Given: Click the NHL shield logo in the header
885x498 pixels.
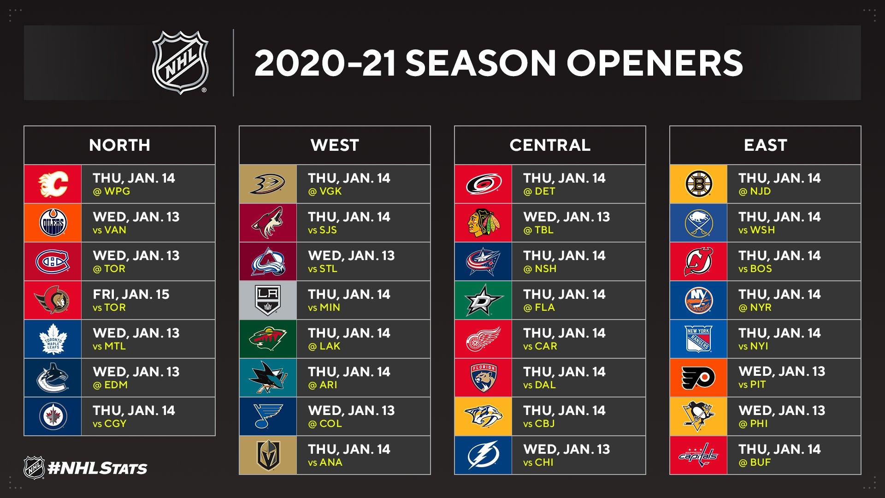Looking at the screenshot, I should (x=180, y=63).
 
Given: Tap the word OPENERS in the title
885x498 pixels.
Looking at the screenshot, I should (x=654, y=63).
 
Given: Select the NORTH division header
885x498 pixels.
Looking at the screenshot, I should (x=119, y=145).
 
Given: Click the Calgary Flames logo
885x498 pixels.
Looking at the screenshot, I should (x=53, y=184).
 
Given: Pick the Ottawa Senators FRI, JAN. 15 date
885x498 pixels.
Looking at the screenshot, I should (x=131, y=294).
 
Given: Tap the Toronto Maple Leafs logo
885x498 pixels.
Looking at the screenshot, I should (x=53, y=339).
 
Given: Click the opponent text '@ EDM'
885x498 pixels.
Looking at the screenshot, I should (x=110, y=385).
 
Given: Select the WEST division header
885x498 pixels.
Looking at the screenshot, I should (x=335, y=145).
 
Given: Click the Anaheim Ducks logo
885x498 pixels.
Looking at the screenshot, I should (x=268, y=184).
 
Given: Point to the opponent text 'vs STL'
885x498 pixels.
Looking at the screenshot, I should (x=322, y=269).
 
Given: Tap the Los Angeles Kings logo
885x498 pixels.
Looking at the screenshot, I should (x=268, y=300).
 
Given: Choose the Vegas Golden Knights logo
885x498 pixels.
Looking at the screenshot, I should (x=268, y=455).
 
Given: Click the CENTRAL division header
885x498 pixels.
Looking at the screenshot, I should (x=550, y=145).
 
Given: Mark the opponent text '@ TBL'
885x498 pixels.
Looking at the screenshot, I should (x=538, y=230).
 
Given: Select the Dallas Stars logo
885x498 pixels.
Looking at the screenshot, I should (x=483, y=300).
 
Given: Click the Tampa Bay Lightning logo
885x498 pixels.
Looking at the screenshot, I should (x=483, y=455).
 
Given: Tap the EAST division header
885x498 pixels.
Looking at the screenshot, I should (x=765, y=145).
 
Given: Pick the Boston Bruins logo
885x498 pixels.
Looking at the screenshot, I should (x=698, y=184).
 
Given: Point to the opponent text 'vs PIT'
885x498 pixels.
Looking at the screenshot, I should (x=752, y=385).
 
